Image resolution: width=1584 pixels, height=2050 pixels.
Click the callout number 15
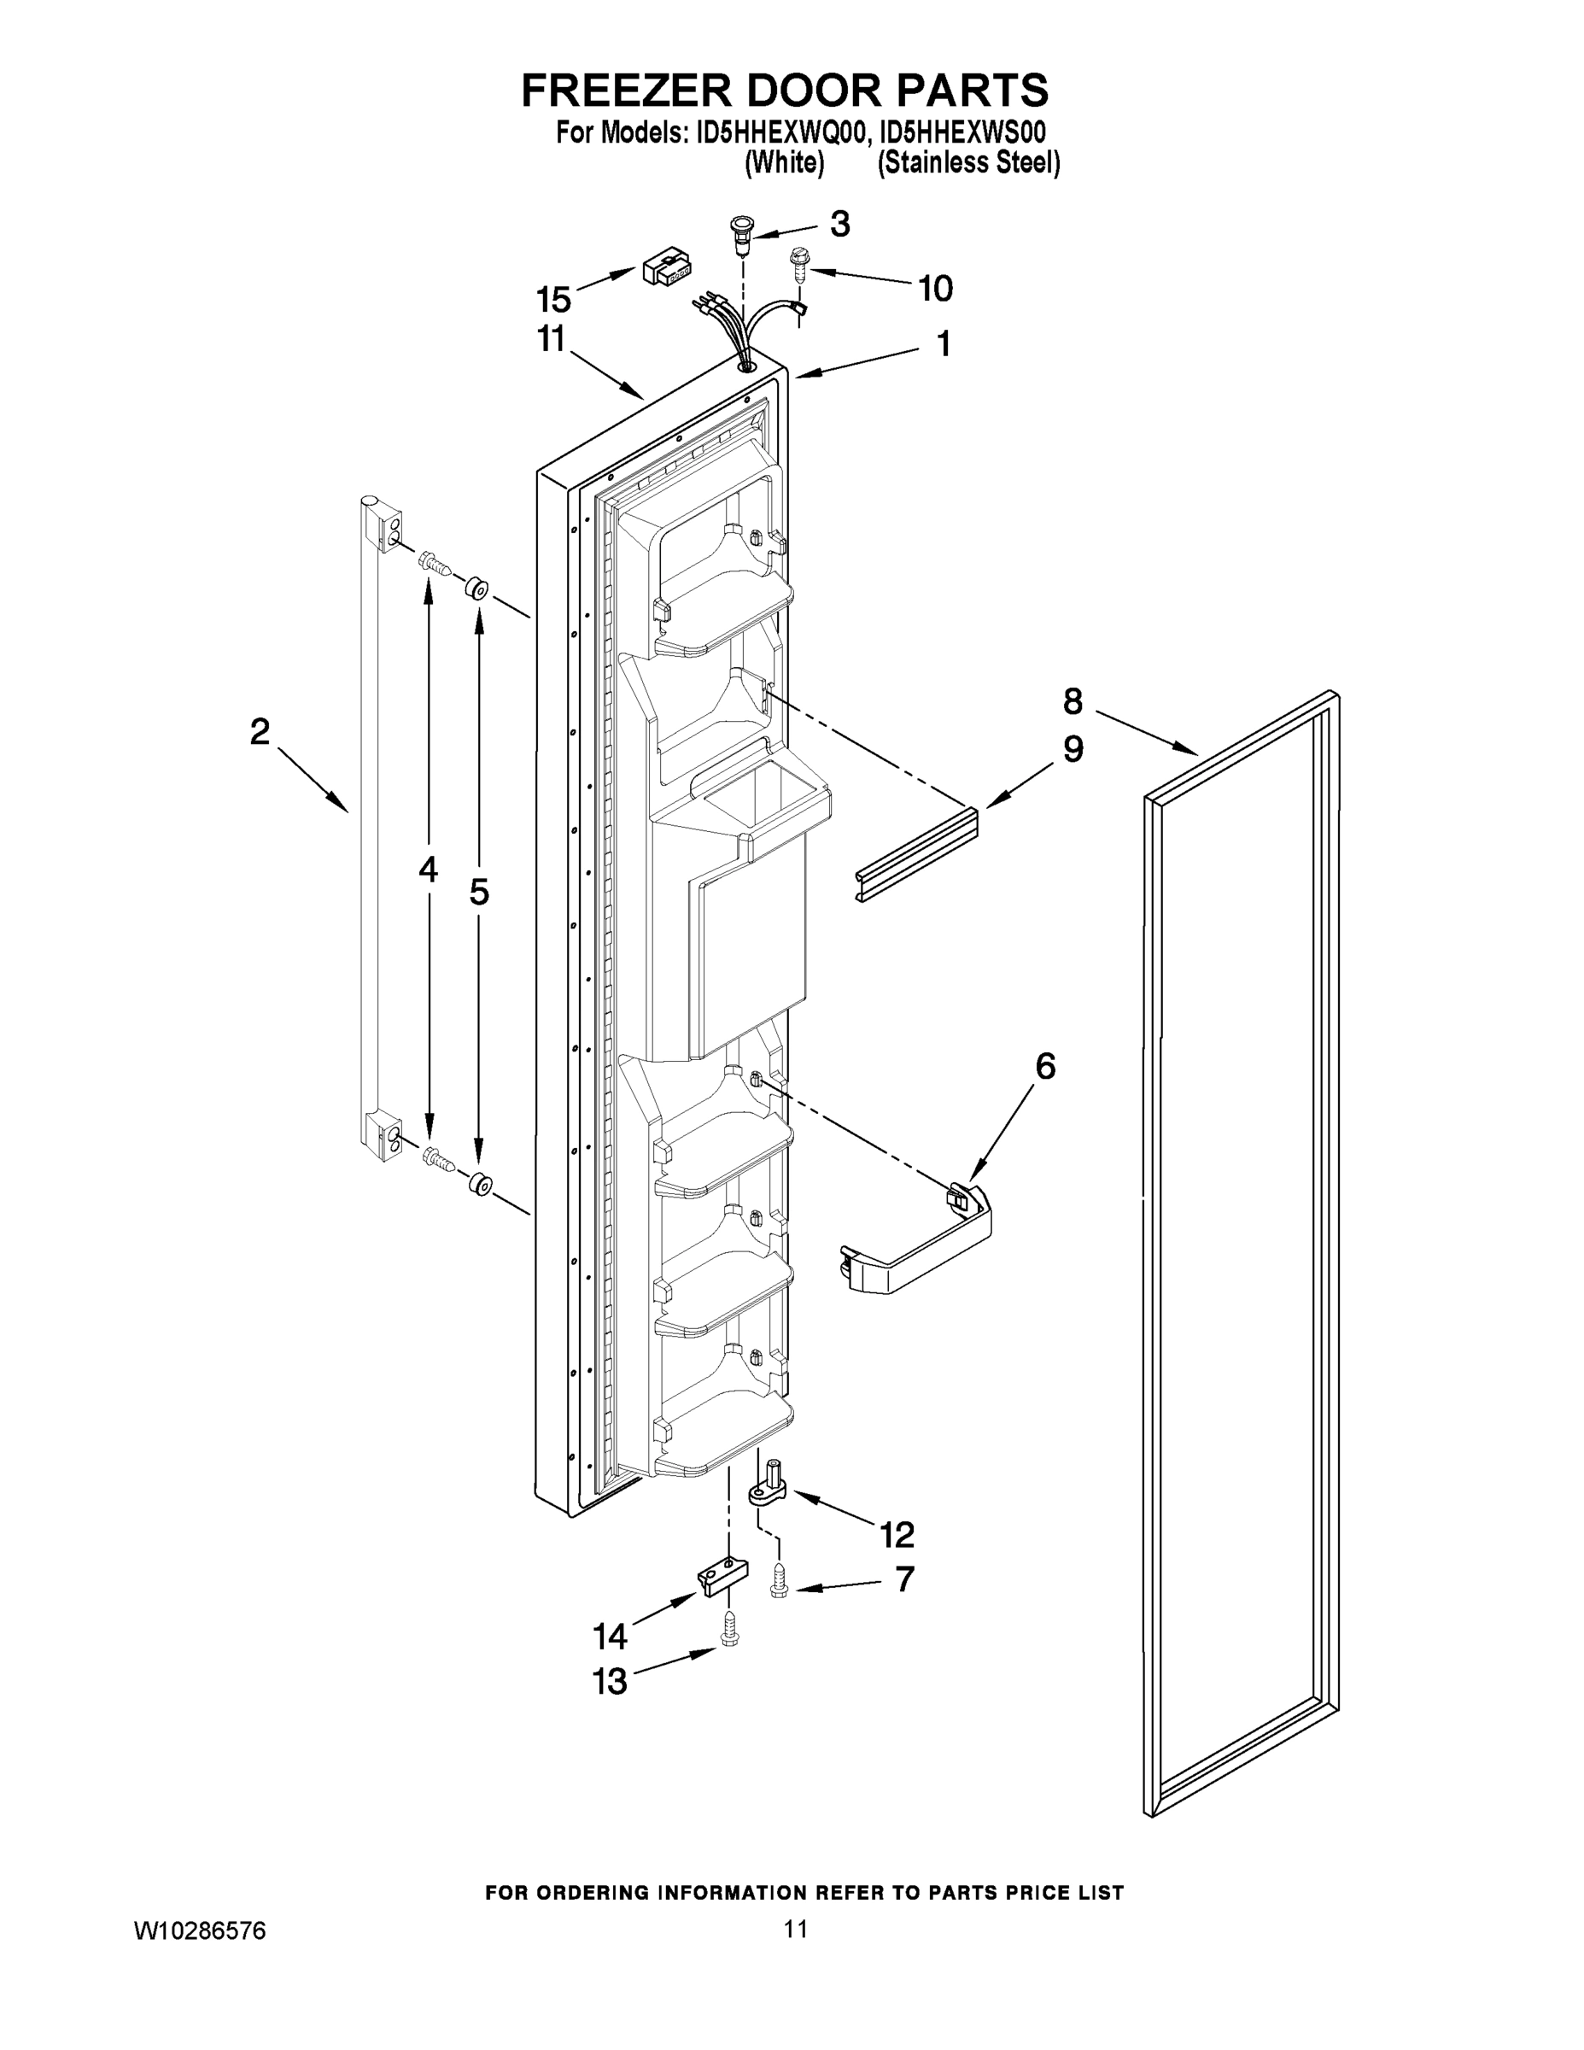point(553,300)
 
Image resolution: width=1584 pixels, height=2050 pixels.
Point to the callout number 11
point(551,339)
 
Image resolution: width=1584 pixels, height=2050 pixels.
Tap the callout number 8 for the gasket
point(1073,701)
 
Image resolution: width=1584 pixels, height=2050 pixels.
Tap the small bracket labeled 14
point(723,1576)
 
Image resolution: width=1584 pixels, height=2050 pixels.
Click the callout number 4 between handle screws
point(428,870)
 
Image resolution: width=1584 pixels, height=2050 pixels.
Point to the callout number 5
point(478,891)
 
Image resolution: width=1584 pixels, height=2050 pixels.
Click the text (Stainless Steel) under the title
point(968,163)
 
